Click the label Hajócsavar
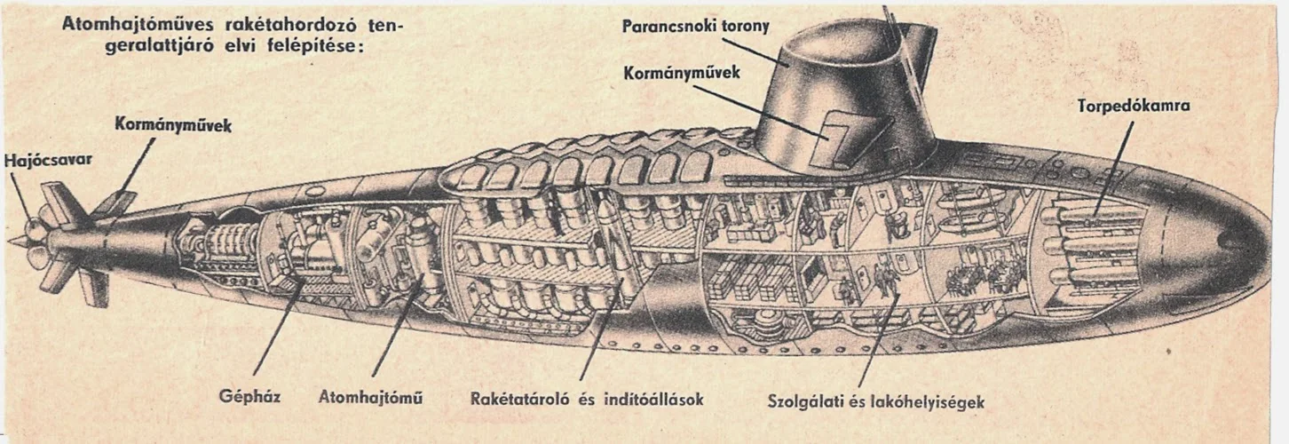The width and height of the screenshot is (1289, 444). pos(48,162)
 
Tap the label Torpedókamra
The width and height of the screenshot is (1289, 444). pos(1134,107)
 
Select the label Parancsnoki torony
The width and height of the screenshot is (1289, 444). pos(696,26)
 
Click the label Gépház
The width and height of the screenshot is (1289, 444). pos(249,397)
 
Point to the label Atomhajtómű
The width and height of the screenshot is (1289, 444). pos(370,397)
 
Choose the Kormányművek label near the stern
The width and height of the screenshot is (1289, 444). pos(173,126)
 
